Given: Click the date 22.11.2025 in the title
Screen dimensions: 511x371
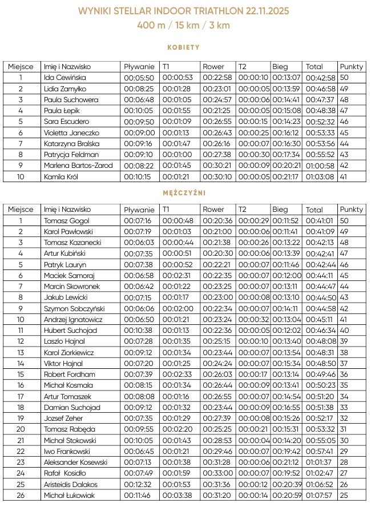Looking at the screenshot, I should coord(264,11).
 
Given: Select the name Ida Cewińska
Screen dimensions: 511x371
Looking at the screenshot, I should coord(64,78).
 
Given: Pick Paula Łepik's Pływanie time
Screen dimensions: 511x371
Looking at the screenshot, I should coord(139,111).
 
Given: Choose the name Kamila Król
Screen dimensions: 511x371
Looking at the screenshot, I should coord(61,177).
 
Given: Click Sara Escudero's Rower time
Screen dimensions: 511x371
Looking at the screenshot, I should coord(216,122).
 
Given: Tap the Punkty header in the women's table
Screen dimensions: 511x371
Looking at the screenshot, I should coord(351,67).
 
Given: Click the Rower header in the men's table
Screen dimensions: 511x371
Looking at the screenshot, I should coord(213,210).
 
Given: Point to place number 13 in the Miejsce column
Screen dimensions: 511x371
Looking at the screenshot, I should coord(21,352).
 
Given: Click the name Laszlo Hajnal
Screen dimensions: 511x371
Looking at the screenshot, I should coord(63,341).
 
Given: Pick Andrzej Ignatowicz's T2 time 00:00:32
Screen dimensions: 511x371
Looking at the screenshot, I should coord(253,320).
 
